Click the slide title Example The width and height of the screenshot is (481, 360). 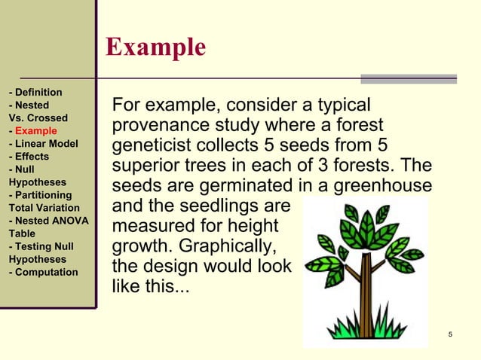(x=155, y=47)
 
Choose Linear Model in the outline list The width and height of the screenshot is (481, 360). (x=44, y=144)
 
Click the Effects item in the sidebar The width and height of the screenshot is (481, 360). (x=29, y=157)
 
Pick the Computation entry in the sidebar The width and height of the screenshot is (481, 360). (x=43, y=272)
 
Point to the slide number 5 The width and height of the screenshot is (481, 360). (x=449, y=334)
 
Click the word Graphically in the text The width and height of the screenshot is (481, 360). (x=224, y=247)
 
